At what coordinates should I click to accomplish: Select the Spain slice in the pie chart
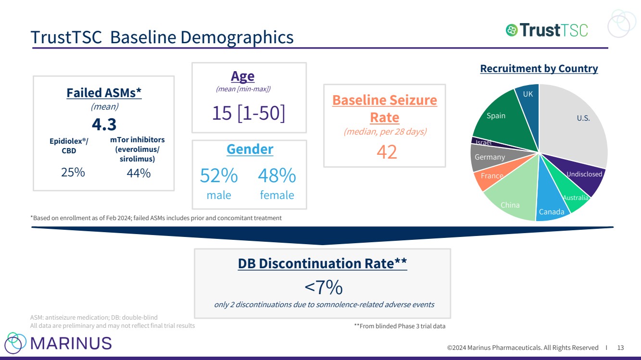click(x=498, y=118)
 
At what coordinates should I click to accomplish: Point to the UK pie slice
click(x=528, y=96)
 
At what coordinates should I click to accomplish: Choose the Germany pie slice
click(x=488, y=158)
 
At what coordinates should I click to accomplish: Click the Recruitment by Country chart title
click(x=539, y=69)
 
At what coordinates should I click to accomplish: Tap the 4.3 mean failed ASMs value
click(x=104, y=124)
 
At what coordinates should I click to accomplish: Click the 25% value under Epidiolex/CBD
click(x=73, y=172)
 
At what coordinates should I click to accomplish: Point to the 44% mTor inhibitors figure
click(x=138, y=173)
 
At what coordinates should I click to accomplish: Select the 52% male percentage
click(x=219, y=176)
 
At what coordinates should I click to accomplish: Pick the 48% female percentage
click(x=277, y=176)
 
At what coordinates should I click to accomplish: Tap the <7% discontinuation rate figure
click(x=323, y=287)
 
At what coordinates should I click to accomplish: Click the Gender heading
click(x=250, y=149)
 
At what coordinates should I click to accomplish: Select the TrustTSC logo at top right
click(x=547, y=30)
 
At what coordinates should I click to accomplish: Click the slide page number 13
click(x=620, y=348)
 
